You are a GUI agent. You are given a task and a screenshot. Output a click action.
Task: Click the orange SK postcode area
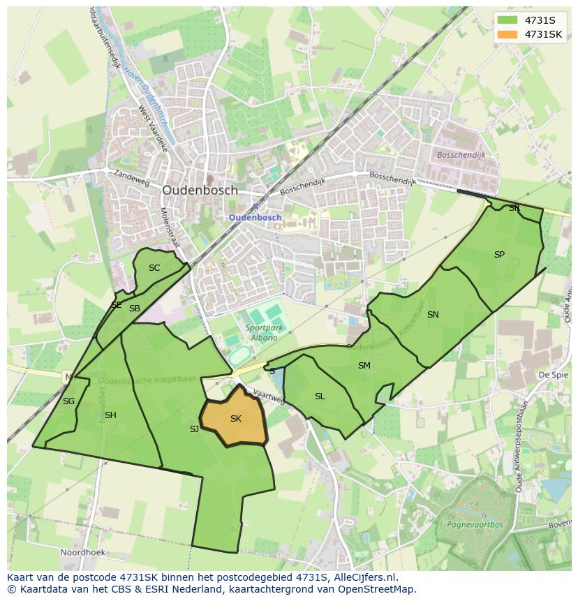click(x=236, y=419)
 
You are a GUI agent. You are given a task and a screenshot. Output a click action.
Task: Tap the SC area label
click(x=154, y=268)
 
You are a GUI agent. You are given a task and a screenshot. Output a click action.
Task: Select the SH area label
click(x=110, y=416)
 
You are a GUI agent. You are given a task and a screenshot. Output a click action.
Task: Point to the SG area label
click(x=68, y=401)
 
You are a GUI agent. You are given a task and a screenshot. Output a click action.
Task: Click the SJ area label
click(x=194, y=429)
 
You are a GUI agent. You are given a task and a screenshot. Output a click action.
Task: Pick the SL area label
click(x=320, y=396)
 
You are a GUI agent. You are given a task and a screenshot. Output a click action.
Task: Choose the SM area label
click(x=364, y=366)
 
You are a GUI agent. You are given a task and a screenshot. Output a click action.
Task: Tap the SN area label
click(x=433, y=315)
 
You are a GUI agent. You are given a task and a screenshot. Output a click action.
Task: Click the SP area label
click(x=499, y=255)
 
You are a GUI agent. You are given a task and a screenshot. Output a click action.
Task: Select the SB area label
click(x=135, y=309)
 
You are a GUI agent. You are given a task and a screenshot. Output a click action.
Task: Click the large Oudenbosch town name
click(x=200, y=190)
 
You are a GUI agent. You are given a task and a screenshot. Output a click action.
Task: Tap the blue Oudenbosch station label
click(x=255, y=217)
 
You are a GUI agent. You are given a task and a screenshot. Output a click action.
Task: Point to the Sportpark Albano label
click(x=260, y=333)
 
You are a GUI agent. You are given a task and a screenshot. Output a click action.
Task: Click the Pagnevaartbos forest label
click(x=475, y=523)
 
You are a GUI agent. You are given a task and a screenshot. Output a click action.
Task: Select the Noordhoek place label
click(x=82, y=552)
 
